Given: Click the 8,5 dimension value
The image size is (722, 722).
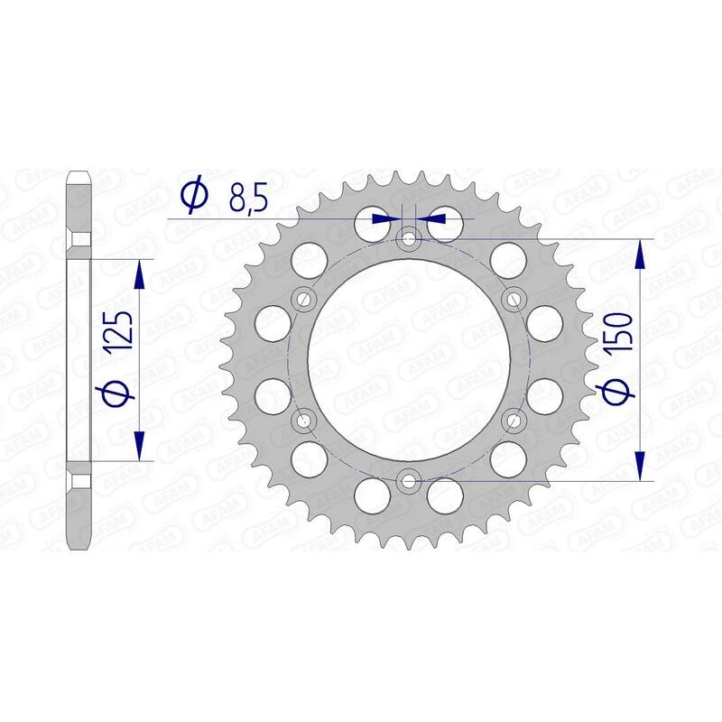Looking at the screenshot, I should (247, 198).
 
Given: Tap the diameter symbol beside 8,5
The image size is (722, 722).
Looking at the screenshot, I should (195, 196).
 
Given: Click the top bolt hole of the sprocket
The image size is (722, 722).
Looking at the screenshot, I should (409, 239).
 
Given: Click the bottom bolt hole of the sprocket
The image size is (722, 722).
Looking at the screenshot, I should (409, 481).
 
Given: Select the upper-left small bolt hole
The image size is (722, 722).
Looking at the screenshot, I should (303, 299).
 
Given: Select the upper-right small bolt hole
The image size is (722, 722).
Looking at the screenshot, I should (514, 299).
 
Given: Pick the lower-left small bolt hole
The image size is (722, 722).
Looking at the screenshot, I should (303, 420).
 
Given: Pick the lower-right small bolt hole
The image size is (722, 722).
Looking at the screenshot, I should (514, 420).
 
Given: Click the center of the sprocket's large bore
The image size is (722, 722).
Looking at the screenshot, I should (409, 359).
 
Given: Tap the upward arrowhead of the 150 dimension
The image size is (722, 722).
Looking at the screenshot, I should (642, 254).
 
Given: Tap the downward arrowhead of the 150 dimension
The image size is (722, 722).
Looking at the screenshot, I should (642, 467).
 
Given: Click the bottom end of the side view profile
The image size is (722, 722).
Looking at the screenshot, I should (79, 546).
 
